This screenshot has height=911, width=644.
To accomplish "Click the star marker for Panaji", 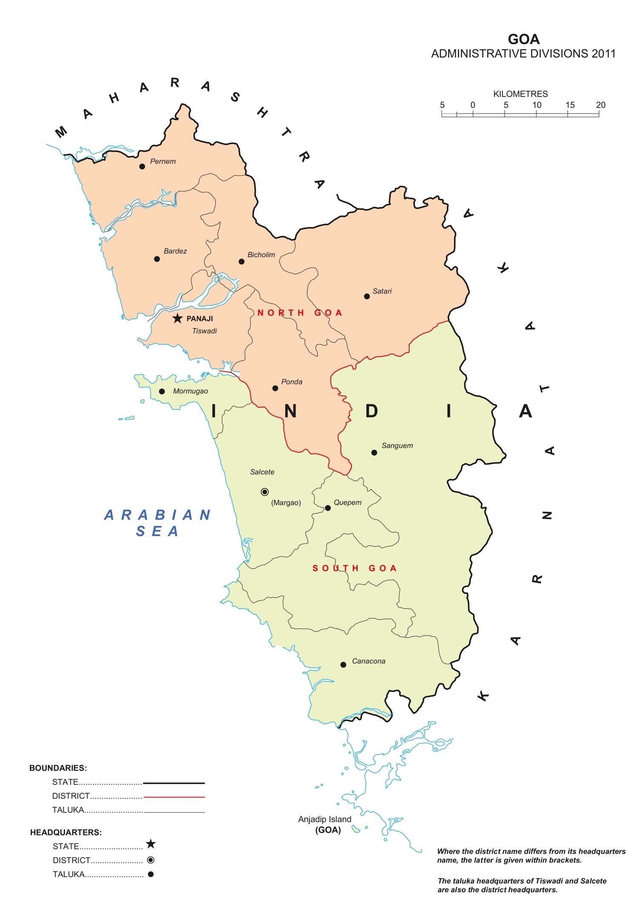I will point(177,318).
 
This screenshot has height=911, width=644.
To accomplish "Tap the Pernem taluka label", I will point(163,162).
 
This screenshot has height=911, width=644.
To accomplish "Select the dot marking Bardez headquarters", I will point(157,259).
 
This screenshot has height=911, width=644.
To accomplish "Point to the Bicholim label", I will point(261,255).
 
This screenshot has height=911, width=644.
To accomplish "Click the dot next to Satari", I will point(367,296).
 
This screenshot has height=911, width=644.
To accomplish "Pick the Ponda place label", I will point(292,382).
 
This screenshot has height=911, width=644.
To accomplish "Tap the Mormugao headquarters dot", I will point(162,392).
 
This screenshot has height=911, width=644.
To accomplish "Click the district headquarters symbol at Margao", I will point(265,492).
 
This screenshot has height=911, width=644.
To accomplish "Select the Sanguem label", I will point(397,446).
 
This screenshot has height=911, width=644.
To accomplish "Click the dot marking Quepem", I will point(328,508).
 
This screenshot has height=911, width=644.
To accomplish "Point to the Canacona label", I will point(369,661).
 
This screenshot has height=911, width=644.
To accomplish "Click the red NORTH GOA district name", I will point(300,313).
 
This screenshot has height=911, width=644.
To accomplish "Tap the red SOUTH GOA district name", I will point(355,568).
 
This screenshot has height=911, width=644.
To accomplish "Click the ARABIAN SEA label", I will point(157,523).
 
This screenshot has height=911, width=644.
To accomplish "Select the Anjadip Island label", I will point(325,819).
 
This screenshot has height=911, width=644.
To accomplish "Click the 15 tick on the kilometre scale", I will point(568,114).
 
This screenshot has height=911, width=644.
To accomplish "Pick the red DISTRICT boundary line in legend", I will point(174,797).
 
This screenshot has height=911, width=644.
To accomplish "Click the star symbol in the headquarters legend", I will point(150,844).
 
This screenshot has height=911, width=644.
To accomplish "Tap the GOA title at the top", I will point(524,40).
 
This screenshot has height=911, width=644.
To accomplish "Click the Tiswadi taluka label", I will point(204,331).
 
